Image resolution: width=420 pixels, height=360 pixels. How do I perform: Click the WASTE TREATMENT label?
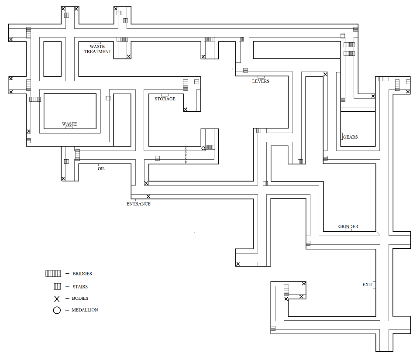pyautogui.click(x=97, y=49)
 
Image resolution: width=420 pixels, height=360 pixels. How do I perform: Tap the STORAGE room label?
pyautogui.click(x=165, y=99)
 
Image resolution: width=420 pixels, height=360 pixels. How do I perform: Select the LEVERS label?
pyautogui.click(x=261, y=81)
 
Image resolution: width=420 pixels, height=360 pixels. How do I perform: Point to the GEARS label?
pyautogui.click(x=350, y=137)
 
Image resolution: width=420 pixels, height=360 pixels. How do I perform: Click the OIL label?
pyautogui.click(x=101, y=169)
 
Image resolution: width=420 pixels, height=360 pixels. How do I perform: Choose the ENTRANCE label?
pyautogui.click(x=138, y=204)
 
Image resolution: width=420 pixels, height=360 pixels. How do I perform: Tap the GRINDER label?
pyautogui.click(x=348, y=226)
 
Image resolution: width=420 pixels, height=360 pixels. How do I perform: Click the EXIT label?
pyautogui.click(x=367, y=285)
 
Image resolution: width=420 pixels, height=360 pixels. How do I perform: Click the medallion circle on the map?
pyautogui.click(x=203, y=148)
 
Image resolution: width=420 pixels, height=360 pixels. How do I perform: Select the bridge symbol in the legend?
pyautogui.click(x=53, y=274)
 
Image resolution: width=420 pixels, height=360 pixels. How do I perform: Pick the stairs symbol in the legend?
pyautogui.click(x=57, y=287)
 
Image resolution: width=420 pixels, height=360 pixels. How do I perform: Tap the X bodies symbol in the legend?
pyautogui.click(x=56, y=298)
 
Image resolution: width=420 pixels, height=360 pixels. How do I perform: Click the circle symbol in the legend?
pyautogui.click(x=56, y=310)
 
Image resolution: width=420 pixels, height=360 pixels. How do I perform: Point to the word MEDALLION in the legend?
pyautogui.click(x=85, y=310)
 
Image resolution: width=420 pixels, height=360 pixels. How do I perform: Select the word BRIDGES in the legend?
pyautogui.click(x=82, y=274)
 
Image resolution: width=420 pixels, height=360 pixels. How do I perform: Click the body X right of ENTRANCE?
pyautogui.click(x=148, y=196)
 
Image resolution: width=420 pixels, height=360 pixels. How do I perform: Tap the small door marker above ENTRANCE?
pyautogui.click(x=138, y=200)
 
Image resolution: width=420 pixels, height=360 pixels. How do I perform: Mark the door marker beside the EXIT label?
pyautogui.click(x=375, y=285)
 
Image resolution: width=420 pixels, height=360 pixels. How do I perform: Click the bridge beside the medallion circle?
pyautogui.click(x=210, y=147)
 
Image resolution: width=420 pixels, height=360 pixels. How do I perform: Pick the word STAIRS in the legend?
pyautogui.click(x=80, y=287)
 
